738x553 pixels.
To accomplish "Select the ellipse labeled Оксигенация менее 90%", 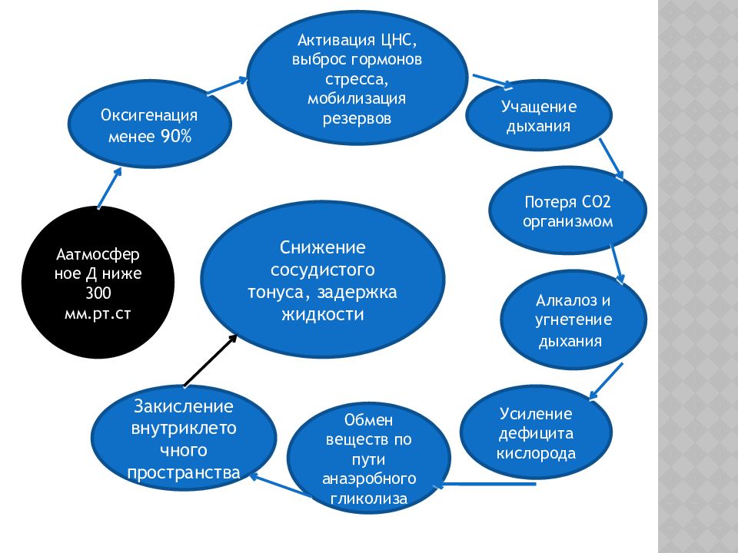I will (150, 127).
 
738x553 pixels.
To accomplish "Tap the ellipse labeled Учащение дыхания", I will (539, 116).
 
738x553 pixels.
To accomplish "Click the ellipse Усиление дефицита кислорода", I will (536, 434).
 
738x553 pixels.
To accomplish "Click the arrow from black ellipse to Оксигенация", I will (109, 187).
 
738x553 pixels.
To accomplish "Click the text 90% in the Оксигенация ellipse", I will (176, 137).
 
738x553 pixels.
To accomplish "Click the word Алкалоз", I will (566, 300).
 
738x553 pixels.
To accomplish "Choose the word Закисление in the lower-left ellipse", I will (183, 406).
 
